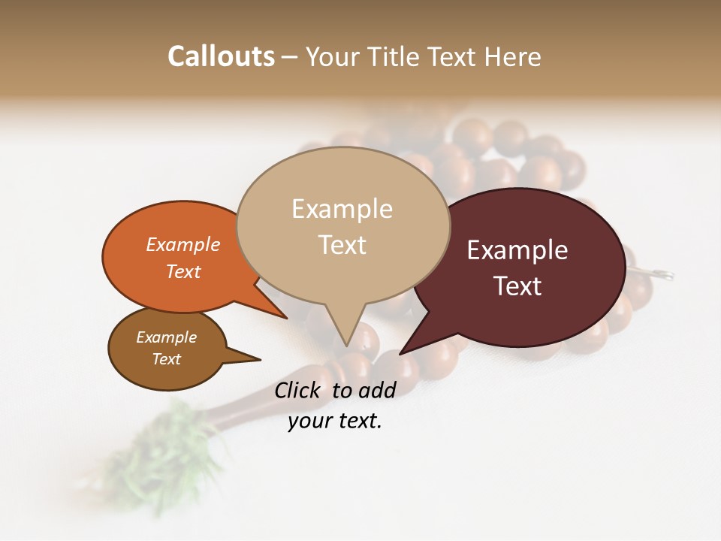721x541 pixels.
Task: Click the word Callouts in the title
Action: (x=221, y=56)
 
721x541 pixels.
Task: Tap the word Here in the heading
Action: (x=514, y=57)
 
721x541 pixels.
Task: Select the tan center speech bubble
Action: (x=342, y=225)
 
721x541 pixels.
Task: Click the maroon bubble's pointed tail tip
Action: (x=401, y=353)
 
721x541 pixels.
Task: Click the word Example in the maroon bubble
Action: (x=517, y=250)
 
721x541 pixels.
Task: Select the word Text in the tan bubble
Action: (x=342, y=245)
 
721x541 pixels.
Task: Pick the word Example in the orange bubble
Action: (x=183, y=245)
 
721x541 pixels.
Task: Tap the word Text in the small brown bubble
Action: (x=167, y=359)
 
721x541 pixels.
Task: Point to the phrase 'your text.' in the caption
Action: (x=335, y=421)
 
